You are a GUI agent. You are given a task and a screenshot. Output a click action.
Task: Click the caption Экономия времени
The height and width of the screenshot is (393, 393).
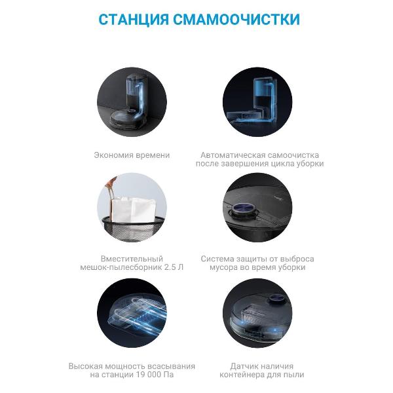pyautogui.click(x=132, y=155)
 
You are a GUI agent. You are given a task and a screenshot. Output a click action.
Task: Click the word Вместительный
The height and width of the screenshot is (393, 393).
pyautogui.click(x=132, y=259)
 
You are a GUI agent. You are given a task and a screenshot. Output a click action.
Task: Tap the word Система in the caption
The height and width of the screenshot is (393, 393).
pyautogui.click(x=219, y=259)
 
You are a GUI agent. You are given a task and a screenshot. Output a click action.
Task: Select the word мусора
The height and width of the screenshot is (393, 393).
pyautogui.click(x=223, y=268)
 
